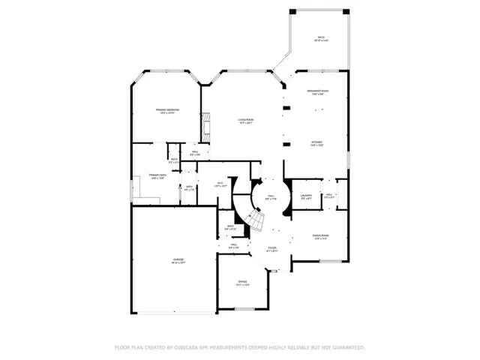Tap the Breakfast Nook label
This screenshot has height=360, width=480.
(x=317, y=93)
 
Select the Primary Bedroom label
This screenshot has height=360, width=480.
(x=166, y=112)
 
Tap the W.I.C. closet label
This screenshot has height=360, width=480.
(x=220, y=186)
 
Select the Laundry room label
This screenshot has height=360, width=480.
(x=306, y=197)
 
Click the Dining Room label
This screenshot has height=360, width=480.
(x=320, y=237)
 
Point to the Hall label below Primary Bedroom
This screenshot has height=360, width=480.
(x=194, y=153)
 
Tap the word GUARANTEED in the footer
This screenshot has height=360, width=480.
(x=347, y=348)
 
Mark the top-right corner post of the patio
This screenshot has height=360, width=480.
(x=346, y=12)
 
